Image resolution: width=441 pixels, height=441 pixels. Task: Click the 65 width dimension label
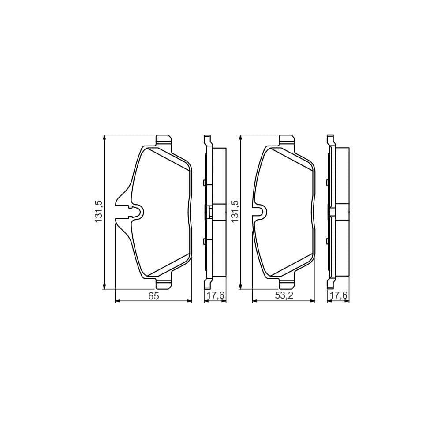point(153,296)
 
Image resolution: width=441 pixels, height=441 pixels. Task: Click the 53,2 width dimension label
point(284,296)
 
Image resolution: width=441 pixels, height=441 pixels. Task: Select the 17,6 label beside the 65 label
point(215,296)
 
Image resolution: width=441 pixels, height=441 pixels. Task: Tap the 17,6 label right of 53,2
point(338,296)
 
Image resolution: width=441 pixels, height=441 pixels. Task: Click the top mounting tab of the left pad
point(164,140)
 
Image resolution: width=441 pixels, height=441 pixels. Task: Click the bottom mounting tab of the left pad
point(164,284)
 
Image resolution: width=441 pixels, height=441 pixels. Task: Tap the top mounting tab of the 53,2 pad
point(287,140)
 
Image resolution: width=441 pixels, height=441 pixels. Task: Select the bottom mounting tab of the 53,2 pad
point(287,284)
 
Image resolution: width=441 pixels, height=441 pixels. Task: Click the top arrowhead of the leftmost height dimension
point(104,138)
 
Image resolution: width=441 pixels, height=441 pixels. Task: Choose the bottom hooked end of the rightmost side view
point(330,284)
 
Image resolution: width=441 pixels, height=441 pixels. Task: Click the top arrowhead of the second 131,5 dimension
point(240,138)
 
